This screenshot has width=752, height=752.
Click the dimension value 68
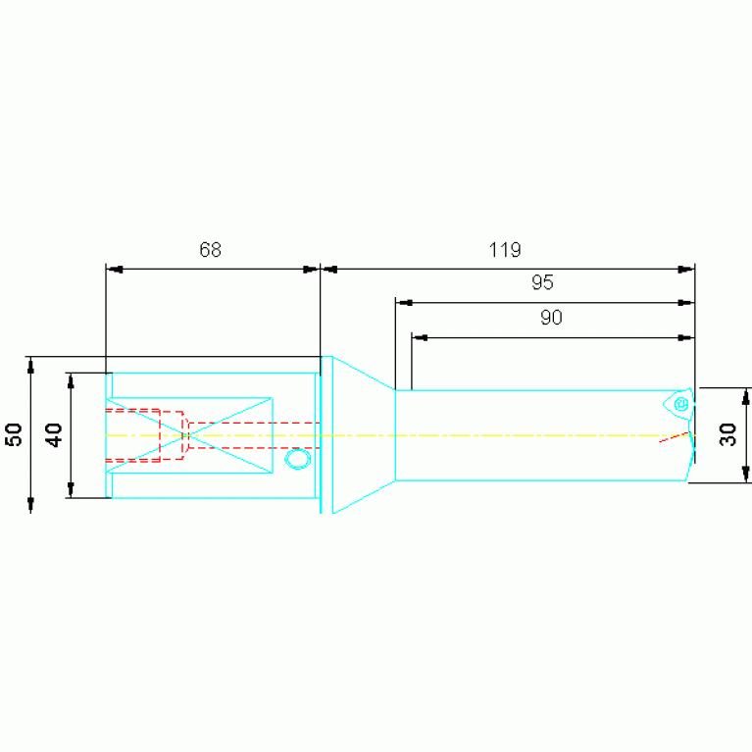[x=211, y=250]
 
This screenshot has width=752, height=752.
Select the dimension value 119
[x=505, y=250]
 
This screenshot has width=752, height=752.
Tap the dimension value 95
[x=542, y=283]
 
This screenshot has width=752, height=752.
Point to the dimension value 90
[x=552, y=318]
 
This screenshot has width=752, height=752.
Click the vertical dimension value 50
[x=15, y=434]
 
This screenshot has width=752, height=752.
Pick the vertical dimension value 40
[x=55, y=434]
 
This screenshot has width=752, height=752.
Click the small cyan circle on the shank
[x=296, y=458]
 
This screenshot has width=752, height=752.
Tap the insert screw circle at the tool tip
[x=679, y=403]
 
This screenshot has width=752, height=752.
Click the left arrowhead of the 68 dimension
[x=113, y=269]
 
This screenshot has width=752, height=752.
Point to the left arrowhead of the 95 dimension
[x=402, y=303]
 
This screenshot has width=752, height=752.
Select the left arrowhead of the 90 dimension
[x=419, y=337]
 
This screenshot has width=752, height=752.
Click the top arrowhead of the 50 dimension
[x=30, y=365]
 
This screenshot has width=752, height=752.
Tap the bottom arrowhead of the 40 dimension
[x=71, y=490]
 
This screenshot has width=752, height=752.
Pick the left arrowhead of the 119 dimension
[x=328, y=269]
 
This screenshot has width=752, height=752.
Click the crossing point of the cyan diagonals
[x=188, y=434]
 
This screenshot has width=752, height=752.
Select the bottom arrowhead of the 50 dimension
[x=30, y=504]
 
